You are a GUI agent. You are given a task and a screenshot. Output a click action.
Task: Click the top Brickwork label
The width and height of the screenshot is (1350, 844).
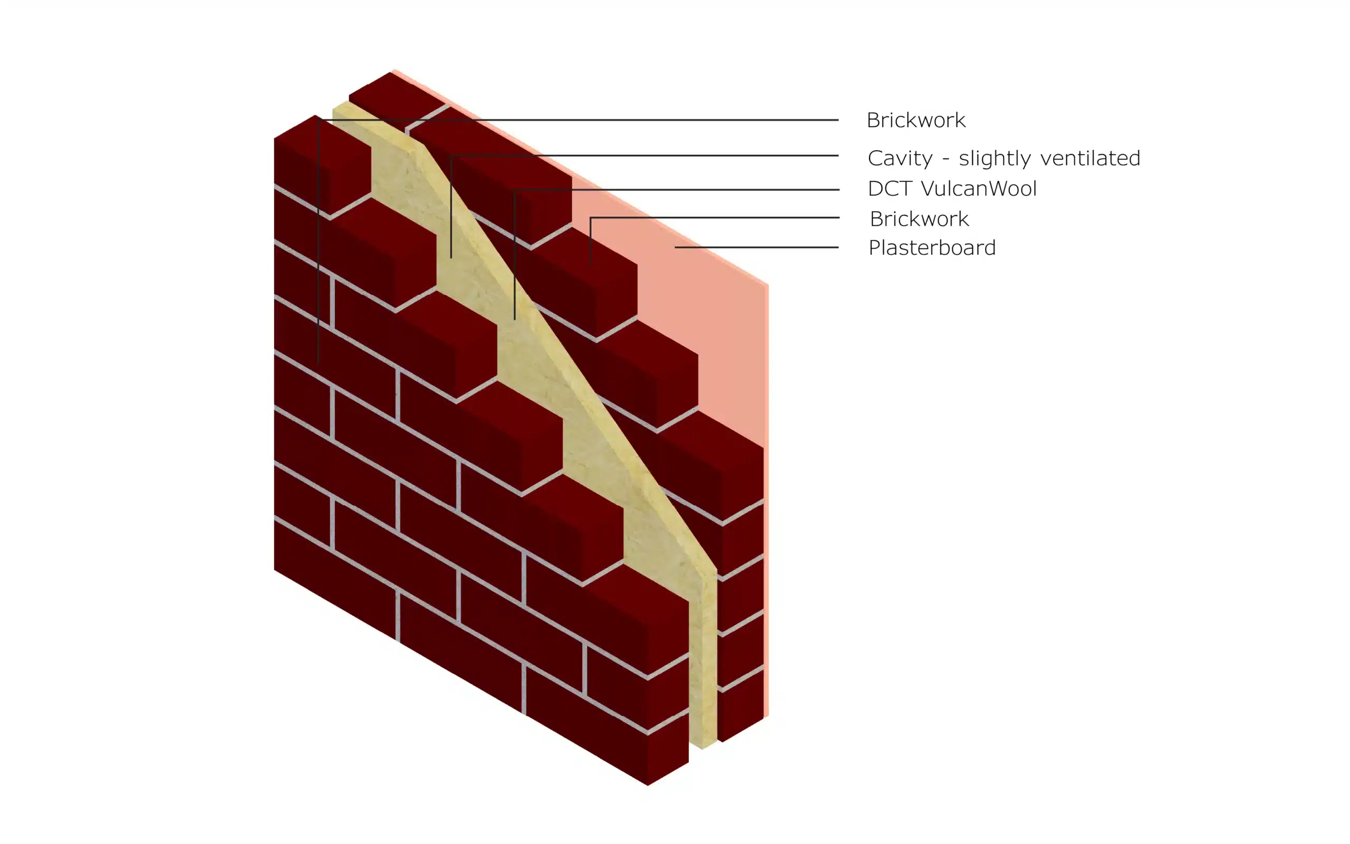915,120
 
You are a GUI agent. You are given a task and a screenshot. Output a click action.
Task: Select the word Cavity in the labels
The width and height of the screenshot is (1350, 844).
899,159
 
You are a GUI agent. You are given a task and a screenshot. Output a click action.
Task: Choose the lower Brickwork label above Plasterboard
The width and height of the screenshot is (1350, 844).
919,219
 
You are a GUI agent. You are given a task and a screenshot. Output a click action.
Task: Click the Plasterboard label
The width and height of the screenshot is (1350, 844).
932,247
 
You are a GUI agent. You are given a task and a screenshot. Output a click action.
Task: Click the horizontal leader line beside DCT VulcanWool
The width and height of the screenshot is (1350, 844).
677,190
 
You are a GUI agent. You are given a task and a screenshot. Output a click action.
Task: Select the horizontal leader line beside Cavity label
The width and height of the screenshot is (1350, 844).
644,155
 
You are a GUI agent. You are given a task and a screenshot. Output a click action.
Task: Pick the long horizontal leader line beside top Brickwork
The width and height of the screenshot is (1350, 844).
577,119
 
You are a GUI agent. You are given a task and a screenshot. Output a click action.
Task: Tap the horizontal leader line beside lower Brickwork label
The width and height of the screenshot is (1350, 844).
715,217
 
